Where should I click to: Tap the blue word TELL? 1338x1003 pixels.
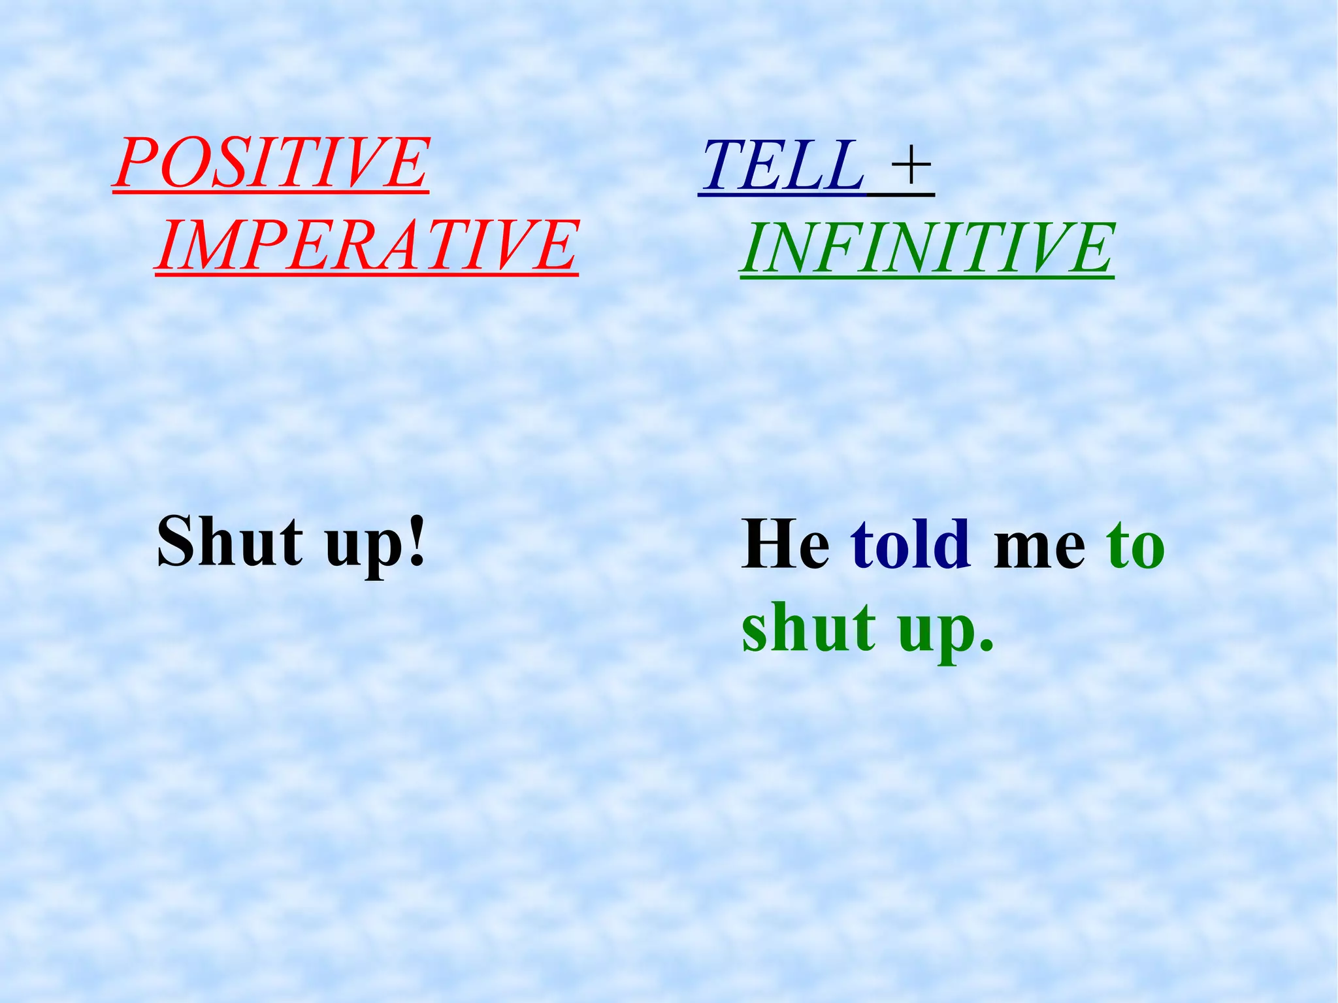[x=781, y=166]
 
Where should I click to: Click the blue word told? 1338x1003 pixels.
[x=910, y=544]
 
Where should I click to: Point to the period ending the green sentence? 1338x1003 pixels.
[x=985, y=647]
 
